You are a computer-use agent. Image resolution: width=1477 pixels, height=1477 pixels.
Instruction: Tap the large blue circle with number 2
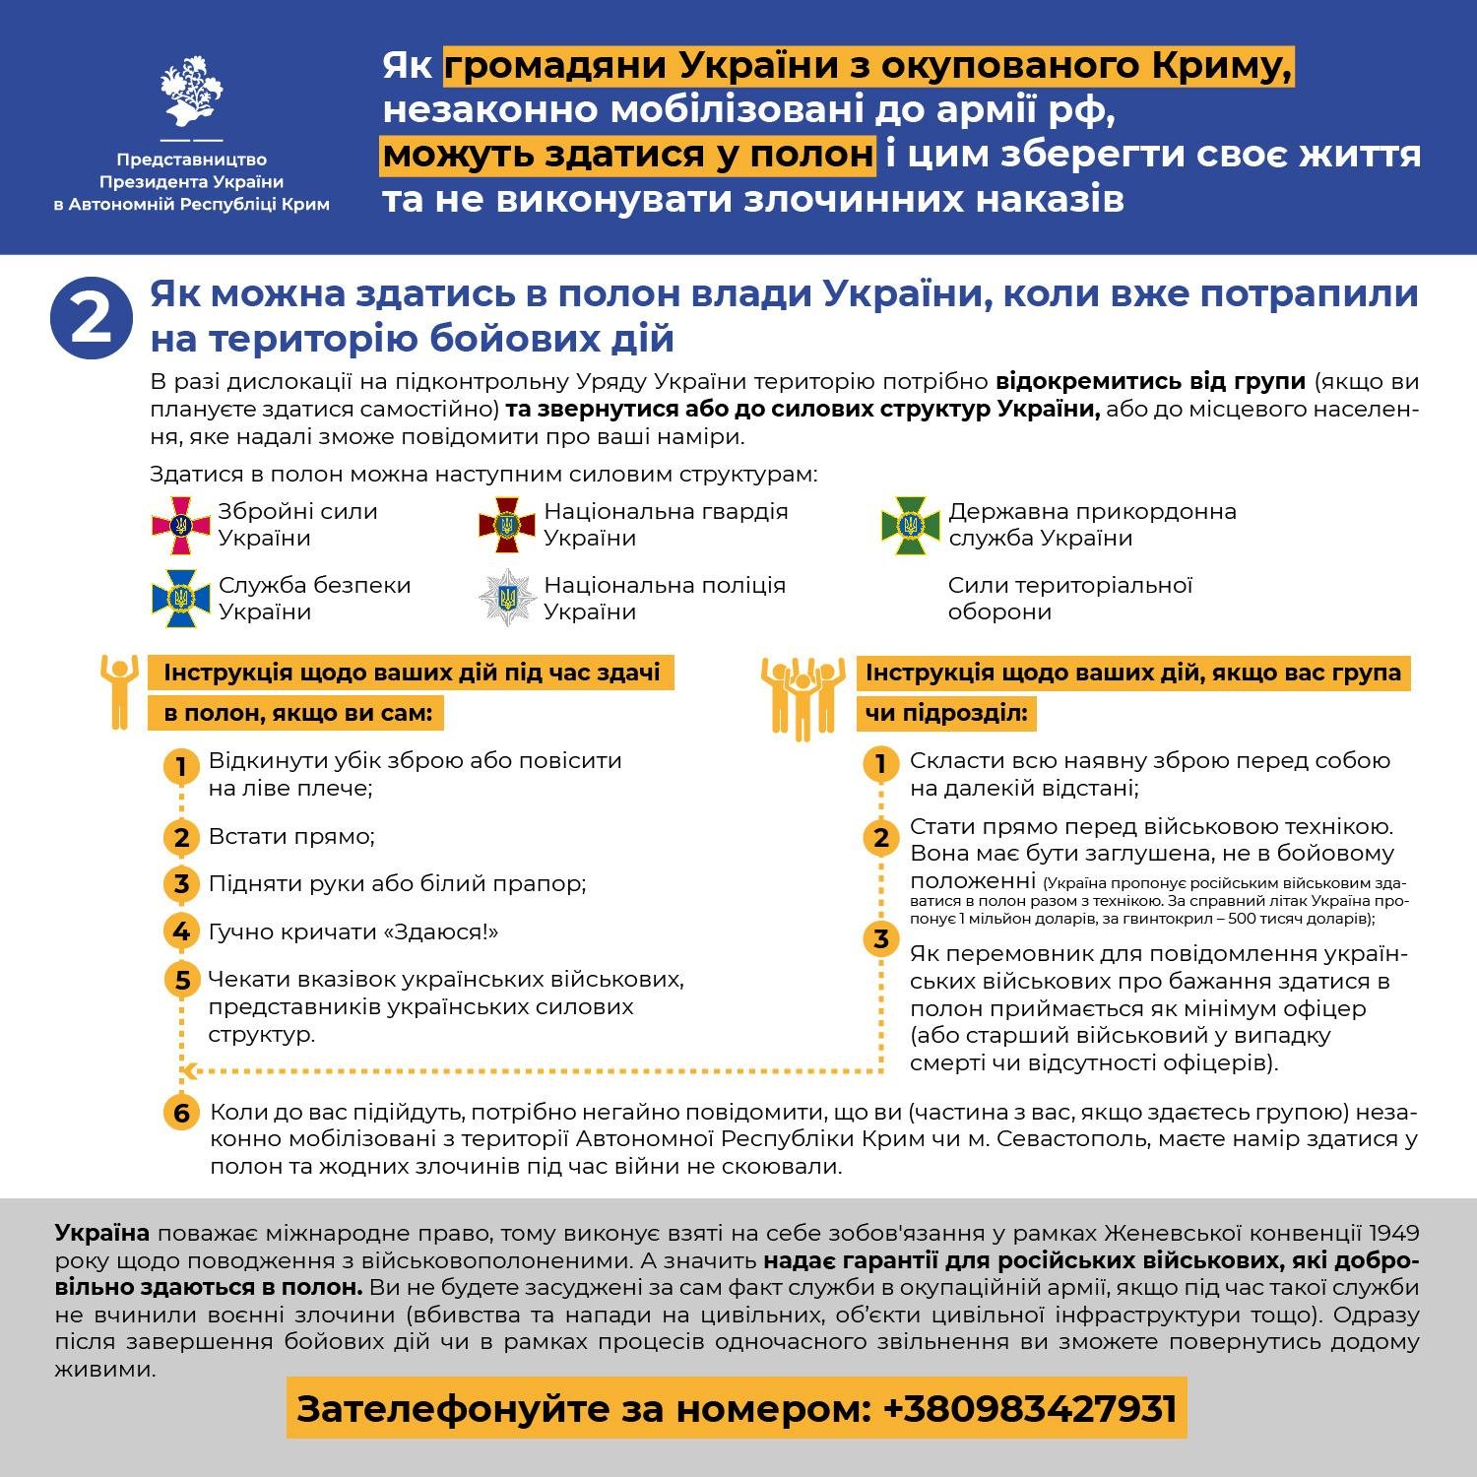click(x=91, y=317)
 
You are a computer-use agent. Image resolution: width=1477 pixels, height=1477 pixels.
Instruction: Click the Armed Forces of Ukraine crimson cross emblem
click(x=180, y=526)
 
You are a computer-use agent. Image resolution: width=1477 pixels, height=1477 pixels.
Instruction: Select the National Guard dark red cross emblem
click(x=506, y=525)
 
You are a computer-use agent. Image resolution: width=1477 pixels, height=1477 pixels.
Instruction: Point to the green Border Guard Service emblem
click(x=911, y=525)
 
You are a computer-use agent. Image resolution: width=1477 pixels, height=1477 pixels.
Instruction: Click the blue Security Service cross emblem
click(x=180, y=599)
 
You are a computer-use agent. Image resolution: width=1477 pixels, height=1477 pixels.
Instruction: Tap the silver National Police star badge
click(x=507, y=598)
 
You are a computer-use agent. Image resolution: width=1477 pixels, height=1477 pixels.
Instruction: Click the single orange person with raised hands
click(x=118, y=691)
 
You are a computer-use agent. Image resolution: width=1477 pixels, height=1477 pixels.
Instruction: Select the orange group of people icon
click(x=803, y=697)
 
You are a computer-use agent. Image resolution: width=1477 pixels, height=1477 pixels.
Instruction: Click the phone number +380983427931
click(x=1030, y=1408)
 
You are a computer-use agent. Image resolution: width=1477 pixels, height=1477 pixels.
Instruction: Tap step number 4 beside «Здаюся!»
click(x=181, y=931)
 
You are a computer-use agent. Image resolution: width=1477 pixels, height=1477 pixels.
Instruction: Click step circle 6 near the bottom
click(x=181, y=1113)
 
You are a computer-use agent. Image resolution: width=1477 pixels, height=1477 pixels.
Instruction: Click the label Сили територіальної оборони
click(x=1069, y=599)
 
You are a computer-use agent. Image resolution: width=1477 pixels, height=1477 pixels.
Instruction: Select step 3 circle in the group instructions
click(x=881, y=938)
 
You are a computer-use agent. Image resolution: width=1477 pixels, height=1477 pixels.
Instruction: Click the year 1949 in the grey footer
click(x=1393, y=1233)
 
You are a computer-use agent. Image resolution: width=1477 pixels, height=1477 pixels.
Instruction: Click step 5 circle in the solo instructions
click(x=181, y=980)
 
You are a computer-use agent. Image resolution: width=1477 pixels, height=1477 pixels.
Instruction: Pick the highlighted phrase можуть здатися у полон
click(x=627, y=155)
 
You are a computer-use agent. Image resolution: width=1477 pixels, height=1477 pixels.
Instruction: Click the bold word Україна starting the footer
click(x=102, y=1233)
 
